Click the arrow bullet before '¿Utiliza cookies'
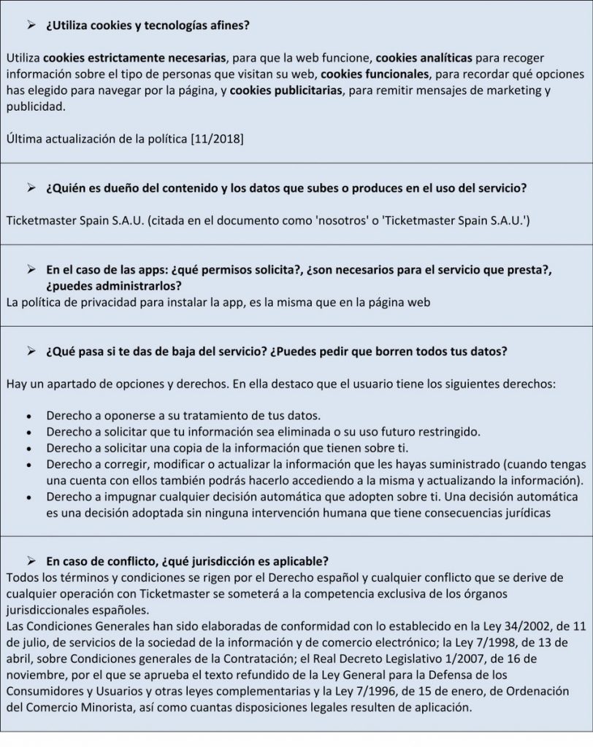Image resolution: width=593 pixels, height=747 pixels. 31,26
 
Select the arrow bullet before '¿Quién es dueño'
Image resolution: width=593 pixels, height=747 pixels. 31,188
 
